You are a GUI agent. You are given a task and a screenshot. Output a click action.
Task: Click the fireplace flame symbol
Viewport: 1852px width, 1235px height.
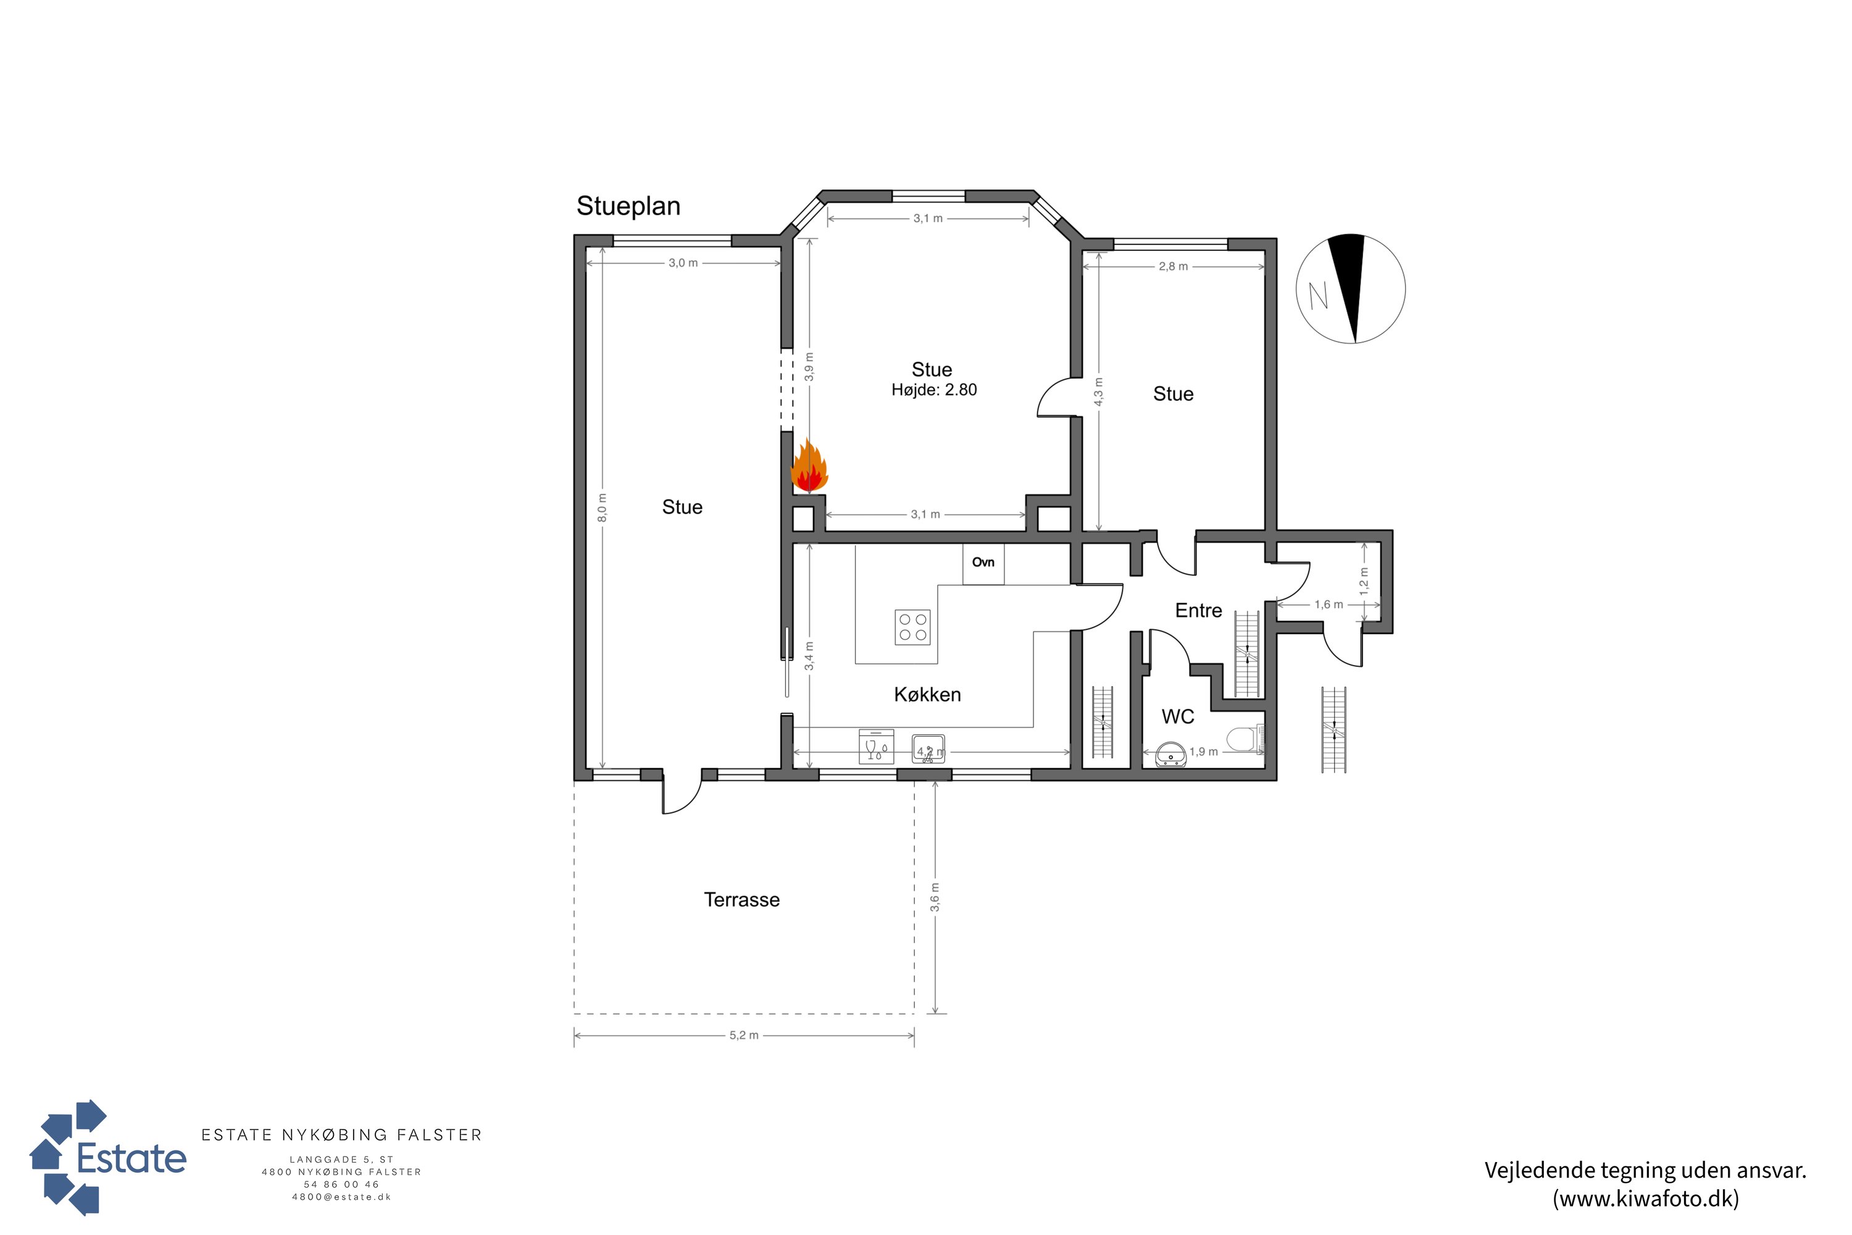point(809,466)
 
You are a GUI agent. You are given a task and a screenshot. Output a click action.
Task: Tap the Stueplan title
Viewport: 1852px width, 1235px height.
point(628,206)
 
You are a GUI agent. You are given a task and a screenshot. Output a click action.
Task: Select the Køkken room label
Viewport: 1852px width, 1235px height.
point(928,695)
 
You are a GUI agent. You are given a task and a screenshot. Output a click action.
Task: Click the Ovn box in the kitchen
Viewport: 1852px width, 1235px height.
point(983,564)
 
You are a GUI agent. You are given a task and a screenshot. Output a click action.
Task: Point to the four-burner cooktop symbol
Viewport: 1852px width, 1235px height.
point(912,628)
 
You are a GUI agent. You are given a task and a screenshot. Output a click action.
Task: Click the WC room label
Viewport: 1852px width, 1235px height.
point(1178,717)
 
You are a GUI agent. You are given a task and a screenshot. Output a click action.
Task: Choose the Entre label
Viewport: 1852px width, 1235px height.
point(1198,611)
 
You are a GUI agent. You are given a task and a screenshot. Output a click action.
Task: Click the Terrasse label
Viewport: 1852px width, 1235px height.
point(742,900)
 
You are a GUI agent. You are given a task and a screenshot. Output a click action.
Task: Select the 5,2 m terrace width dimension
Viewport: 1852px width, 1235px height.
point(744,1035)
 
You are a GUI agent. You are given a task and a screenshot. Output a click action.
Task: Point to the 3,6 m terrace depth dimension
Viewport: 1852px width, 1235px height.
point(935,898)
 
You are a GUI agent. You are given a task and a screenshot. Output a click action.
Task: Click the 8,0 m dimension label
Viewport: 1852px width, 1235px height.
point(603,508)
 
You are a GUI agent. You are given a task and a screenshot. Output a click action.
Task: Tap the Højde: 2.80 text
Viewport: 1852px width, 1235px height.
point(934,390)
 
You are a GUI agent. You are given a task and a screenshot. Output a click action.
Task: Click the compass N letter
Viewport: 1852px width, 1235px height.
point(1318,295)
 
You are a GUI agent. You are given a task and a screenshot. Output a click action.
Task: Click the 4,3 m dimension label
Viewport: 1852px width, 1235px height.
point(1098,392)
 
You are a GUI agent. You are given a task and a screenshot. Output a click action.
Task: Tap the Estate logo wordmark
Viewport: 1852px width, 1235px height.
point(131,1158)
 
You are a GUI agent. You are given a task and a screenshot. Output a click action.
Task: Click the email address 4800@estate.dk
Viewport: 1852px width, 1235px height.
point(342,1197)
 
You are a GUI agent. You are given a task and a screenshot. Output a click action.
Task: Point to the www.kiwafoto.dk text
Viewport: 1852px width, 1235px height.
point(1646,1199)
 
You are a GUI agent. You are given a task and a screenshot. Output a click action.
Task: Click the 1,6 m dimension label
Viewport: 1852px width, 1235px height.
point(1329,605)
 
